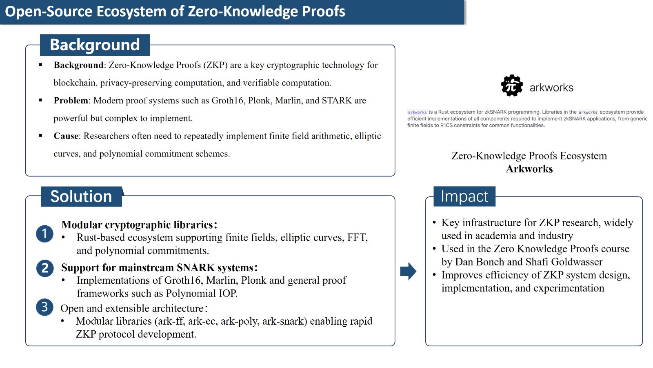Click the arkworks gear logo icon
(x=512, y=85)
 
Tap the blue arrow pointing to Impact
(x=408, y=271)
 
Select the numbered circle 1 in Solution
(x=44, y=233)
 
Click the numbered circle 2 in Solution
(x=45, y=268)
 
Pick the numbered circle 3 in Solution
(x=44, y=307)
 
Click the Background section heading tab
(x=95, y=45)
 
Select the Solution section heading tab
(x=81, y=196)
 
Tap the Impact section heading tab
(x=464, y=196)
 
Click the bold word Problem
(x=71, y=101)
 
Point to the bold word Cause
(x=66, y=136)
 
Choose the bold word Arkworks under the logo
(x=529, y=169)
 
